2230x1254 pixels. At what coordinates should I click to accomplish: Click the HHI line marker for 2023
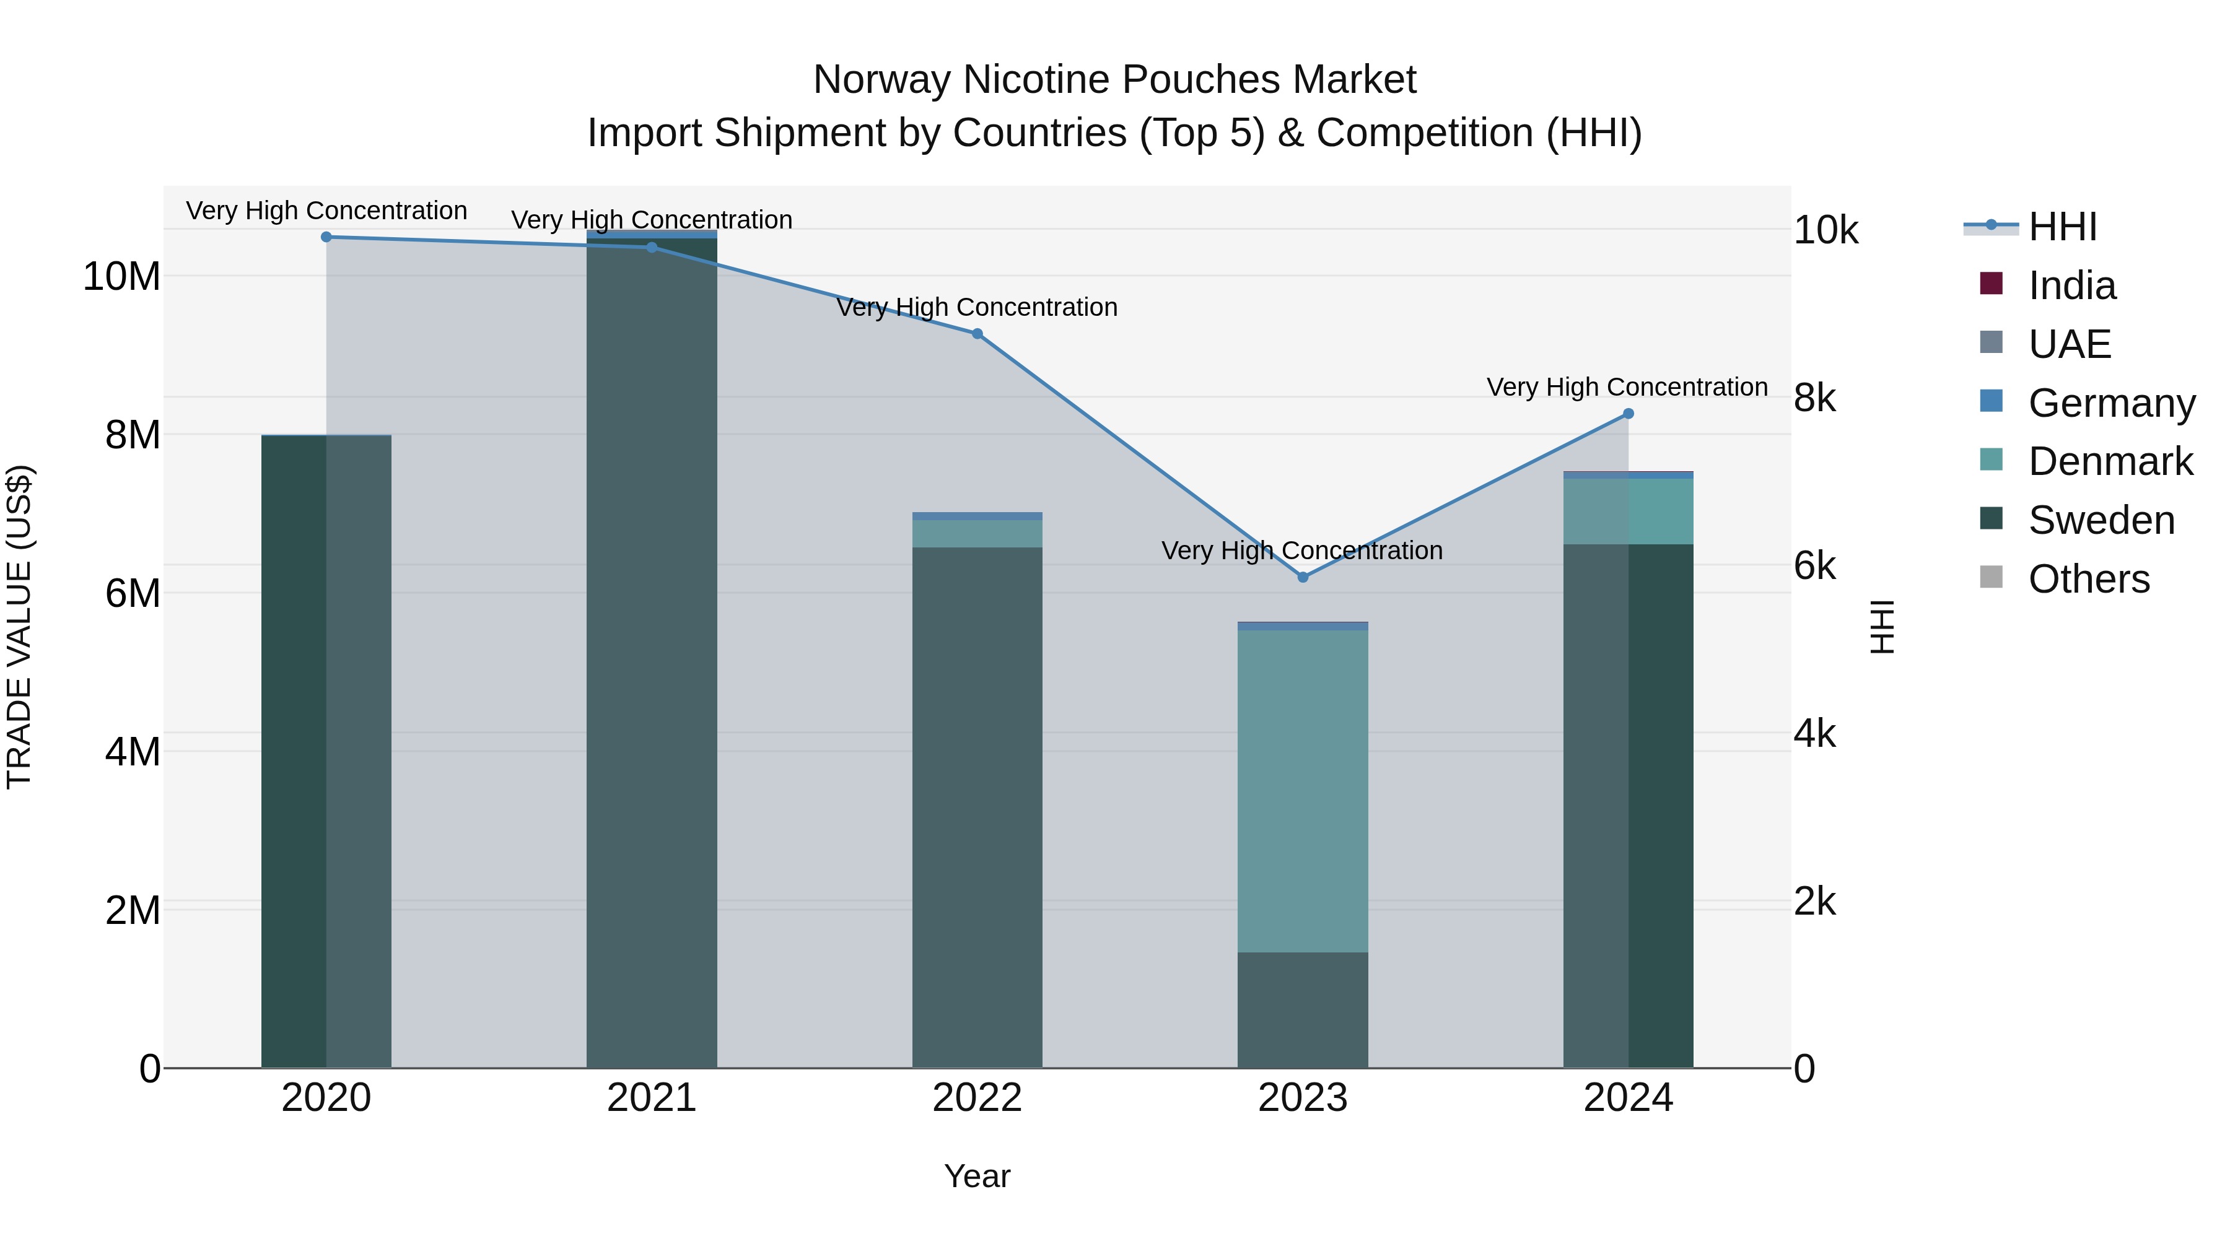pos(1302,577)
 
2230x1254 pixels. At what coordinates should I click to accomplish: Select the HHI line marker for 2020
pos(326,237)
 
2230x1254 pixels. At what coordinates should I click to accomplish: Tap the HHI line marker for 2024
pos(1627,414)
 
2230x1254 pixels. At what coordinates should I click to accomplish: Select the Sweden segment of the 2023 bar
pos(1302,1010)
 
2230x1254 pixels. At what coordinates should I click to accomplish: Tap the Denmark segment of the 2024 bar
pos(1627,512)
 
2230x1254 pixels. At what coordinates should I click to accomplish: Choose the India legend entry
pos(2071,285)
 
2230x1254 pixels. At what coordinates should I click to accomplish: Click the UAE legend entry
pos(2069,344)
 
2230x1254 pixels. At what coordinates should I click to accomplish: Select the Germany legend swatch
pos(1991,401)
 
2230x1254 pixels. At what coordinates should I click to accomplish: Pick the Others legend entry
pos(2088,579)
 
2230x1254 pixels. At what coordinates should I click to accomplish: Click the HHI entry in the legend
pos(2062,227)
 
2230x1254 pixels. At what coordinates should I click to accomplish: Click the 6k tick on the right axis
pos(1814,566)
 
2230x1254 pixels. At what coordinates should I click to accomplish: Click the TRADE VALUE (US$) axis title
pos(19,627)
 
